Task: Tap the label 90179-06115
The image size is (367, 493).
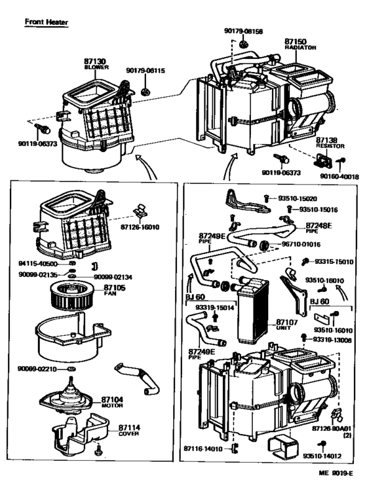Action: (145, 71)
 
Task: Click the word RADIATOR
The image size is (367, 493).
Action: (301, 47)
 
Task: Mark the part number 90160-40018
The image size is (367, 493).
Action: (338, 175)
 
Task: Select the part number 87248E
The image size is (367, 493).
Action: (319, 225)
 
